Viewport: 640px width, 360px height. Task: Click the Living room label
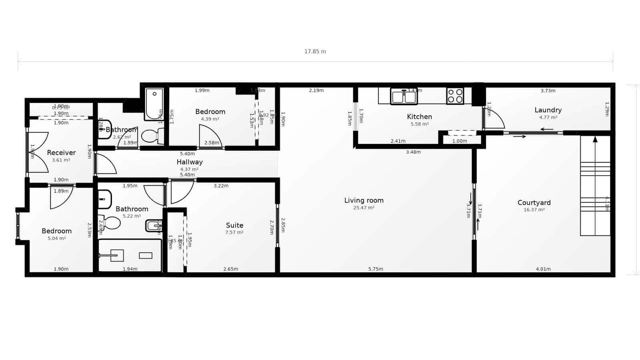(364, 200)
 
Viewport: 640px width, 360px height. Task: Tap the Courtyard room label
(534, 203)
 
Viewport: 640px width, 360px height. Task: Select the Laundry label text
(548, 110)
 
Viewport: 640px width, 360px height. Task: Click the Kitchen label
(419, 117)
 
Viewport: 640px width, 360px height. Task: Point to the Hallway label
(190, 162)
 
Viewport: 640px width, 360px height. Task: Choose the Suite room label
(234, 225)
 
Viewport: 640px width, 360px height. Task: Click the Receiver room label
(61, 153)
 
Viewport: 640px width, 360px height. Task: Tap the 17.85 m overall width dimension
(315, 52)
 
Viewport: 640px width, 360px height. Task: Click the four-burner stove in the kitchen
(455, 96)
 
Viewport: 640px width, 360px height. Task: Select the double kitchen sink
(404, 97)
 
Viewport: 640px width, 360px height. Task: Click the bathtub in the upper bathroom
(154, 104)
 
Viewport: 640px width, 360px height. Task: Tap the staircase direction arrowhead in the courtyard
(595, 139)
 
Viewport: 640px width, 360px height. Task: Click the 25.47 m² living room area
(364, 208)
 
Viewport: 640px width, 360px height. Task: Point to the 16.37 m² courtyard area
(534, 210)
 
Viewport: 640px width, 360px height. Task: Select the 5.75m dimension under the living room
(376, 269)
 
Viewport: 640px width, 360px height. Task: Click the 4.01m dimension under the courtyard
(543, 269)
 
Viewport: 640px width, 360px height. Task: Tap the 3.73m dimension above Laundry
(548, 91)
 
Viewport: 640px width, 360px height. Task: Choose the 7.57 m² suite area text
(234, 232)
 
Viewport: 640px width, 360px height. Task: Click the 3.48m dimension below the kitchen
(413, 152)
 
